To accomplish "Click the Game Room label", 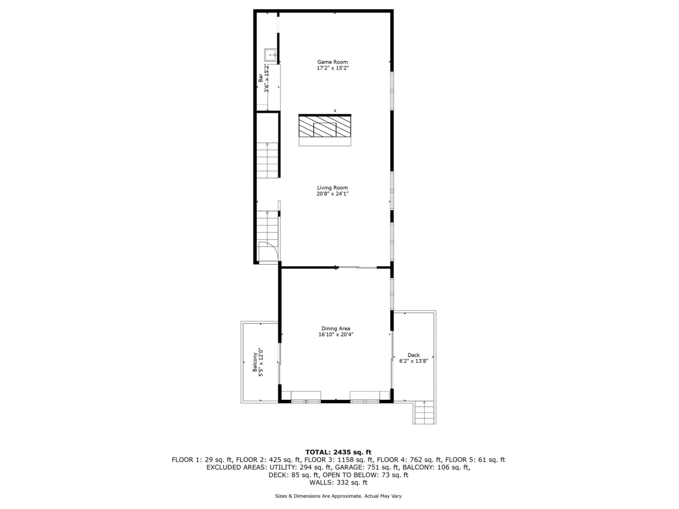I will click(x=332, y=62).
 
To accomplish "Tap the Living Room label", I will click(x=332, y=188).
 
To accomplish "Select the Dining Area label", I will click(x=335, y=329).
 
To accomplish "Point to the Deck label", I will click(x=413, y=355).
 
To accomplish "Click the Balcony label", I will click(x=255, y=362).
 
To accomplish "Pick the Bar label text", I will click(x=260, y=78).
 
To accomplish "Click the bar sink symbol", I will click(x=270, y=55).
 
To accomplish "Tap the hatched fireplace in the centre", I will click(x=325, y=126).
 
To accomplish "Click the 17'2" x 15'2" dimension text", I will click(x=332, y=68).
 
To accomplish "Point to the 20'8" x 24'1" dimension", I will click(x=332, y=194).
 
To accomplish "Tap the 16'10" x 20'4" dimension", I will click(x=335, y=335).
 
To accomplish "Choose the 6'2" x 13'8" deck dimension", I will click(x=413, y=361).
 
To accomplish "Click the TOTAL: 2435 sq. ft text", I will click(x=338, y=452).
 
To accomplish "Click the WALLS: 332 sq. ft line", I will click(x=338, y=482).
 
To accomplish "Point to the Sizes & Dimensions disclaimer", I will click(x=338, y=496).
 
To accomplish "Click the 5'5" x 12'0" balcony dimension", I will click(x=261, y=362).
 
